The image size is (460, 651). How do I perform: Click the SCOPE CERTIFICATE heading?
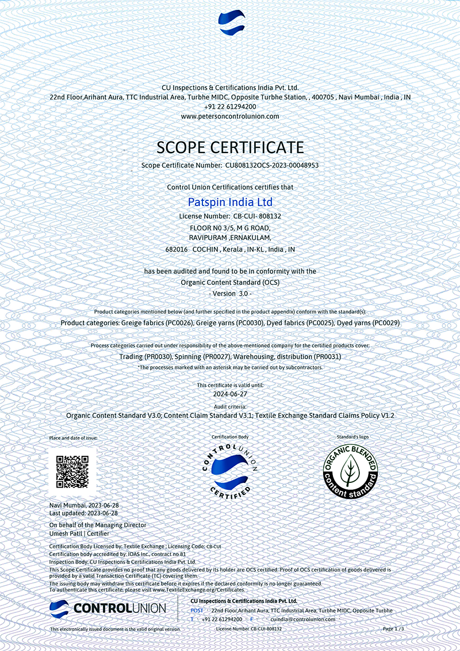coord(230,147)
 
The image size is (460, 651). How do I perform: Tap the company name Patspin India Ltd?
coord(230,203)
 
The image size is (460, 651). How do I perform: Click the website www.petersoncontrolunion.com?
coord(230,116)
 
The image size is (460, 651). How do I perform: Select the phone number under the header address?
coord(230,107)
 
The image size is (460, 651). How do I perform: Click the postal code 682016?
coord(177,250)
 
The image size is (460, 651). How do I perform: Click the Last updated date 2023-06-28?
coord(102,512)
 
